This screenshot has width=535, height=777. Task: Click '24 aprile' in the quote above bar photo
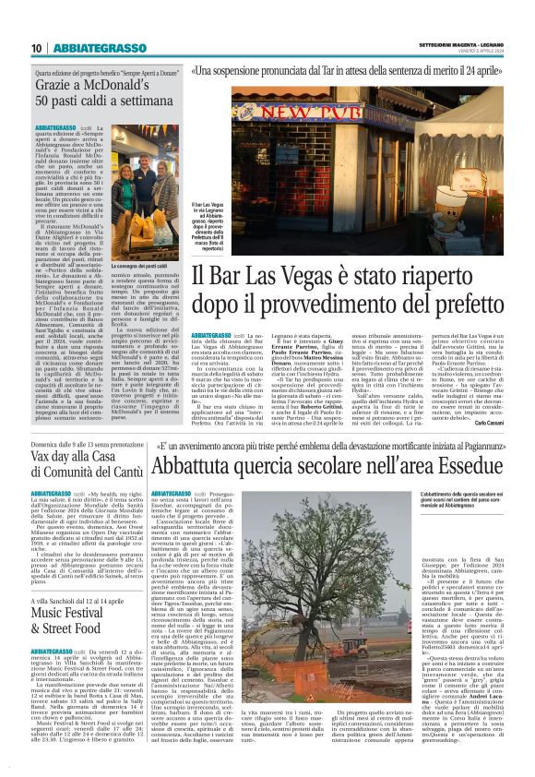point(492,70)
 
